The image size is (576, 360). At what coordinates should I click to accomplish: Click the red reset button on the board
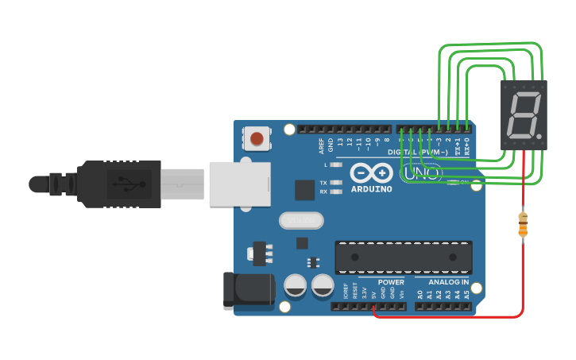coord(257,139)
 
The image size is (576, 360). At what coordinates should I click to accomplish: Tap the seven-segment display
coord(524,115)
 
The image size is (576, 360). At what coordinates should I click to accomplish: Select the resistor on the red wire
coord(523,224)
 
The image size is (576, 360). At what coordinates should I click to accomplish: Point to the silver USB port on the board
coord(238,184)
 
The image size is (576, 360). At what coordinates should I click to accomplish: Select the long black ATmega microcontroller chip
coord(404,257)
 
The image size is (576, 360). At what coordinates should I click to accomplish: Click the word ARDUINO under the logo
coord(371,189)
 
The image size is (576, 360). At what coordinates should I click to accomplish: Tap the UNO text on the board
coord(421,172)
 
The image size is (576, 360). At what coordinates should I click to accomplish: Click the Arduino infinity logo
coord(371,172)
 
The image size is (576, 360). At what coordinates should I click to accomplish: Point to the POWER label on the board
coord(391,282)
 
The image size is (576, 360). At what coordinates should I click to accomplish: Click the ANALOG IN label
coord(448,282)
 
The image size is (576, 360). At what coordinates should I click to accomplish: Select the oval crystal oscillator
coord(302,220)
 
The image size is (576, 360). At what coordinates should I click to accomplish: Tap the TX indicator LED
coord(336,183)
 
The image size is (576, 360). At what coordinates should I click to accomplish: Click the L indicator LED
coord(336,165)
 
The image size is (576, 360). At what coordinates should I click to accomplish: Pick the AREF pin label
coord(322,145)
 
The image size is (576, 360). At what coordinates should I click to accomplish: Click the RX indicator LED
coord(336,192)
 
